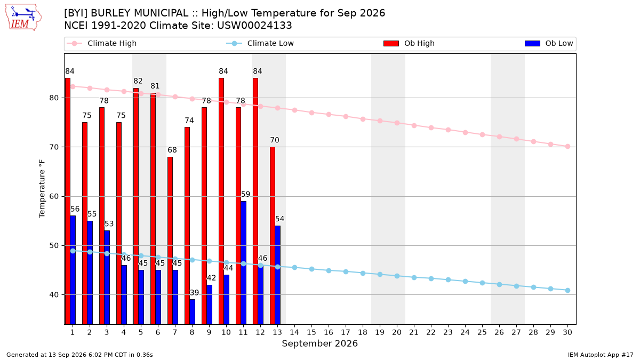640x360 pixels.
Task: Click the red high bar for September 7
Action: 170,241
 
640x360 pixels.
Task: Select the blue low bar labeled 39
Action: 193,311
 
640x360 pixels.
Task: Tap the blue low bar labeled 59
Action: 243,262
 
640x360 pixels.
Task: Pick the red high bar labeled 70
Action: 273,236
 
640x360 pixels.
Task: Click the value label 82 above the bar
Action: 138,81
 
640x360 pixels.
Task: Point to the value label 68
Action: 172,150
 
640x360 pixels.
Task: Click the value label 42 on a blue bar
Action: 211,278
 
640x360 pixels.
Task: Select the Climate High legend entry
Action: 101,43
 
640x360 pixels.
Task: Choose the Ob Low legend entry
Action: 549,43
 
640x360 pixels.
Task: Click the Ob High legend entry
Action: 409,43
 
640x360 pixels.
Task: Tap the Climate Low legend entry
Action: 260,43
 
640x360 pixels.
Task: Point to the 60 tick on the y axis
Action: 54,197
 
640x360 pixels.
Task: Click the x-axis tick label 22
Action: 431,332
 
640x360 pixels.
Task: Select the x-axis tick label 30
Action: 567,332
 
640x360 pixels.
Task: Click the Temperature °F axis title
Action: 42,189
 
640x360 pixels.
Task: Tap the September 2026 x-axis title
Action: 319,343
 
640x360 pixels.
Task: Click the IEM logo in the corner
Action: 23,18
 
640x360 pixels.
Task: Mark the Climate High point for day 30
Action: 567,147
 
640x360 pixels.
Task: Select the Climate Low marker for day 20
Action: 397,276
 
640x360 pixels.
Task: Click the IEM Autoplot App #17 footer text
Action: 601,355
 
